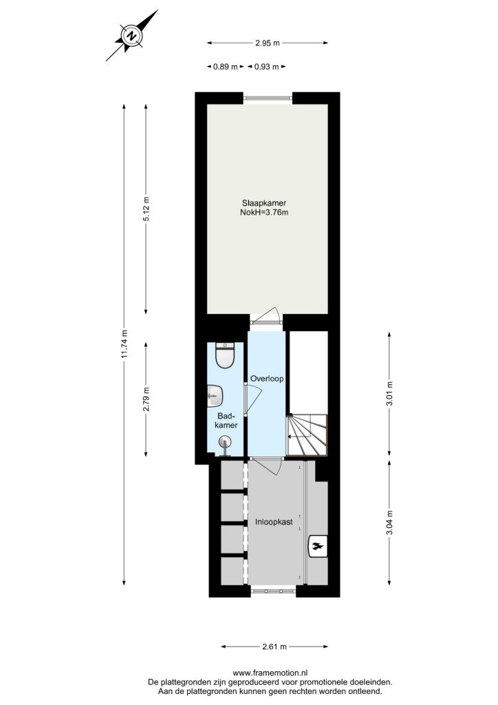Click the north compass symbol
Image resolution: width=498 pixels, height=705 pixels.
point(132,36)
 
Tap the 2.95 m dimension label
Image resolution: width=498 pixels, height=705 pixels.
point(267,43)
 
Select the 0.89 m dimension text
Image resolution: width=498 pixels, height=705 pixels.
point(226,67)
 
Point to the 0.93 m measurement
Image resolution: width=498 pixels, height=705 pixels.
point(267,67)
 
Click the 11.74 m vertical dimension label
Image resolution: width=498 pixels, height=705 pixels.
point(124,344)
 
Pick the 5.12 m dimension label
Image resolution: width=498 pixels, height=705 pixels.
point(146,209)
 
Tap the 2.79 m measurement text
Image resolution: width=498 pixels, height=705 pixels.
point(146,399)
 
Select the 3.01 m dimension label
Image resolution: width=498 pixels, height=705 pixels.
point(389,393)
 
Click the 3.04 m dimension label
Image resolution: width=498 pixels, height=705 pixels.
point(389,523)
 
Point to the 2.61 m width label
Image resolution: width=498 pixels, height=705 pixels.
point(274,647)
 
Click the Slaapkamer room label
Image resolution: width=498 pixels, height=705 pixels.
point(264,203)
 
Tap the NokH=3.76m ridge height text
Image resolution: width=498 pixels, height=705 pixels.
point(264,213)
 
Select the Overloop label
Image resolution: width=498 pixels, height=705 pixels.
point(267,379)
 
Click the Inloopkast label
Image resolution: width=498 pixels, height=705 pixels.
point(274,522)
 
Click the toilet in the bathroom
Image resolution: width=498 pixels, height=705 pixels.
point(225,355)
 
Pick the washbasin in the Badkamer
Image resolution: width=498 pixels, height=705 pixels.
point(215,396)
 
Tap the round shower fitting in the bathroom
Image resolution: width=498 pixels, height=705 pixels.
point(225,443)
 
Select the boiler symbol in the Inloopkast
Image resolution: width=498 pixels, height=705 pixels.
point(318,546)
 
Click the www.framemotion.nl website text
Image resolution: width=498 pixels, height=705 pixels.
point(270,673)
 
